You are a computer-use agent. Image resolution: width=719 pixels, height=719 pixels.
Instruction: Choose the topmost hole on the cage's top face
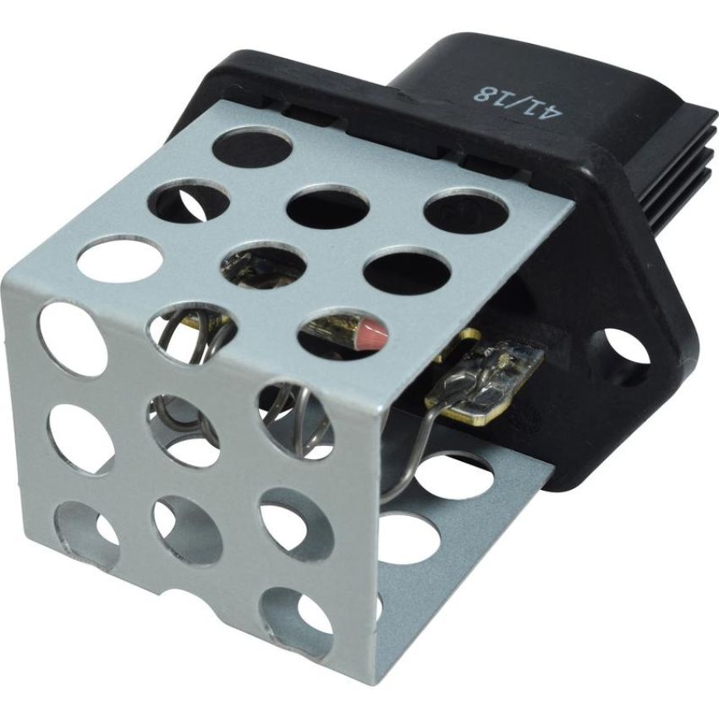[x=253, y=150]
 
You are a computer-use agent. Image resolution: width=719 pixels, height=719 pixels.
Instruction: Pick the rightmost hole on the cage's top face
[x=466, y=211]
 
